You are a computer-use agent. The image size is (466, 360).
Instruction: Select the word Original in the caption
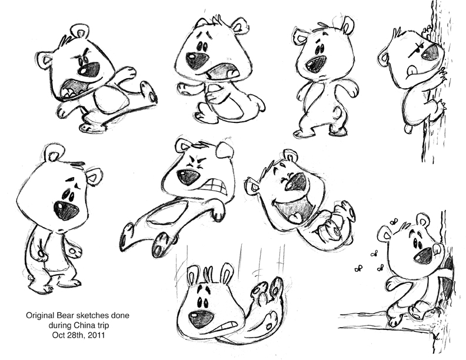[x=41, y=316]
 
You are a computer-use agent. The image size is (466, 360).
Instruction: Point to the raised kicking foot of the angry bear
[x=149, y=93]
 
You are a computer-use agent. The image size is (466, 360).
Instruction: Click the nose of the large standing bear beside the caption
[x=65, y=209]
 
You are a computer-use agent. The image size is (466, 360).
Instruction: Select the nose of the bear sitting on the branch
[x=422, y=255]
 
